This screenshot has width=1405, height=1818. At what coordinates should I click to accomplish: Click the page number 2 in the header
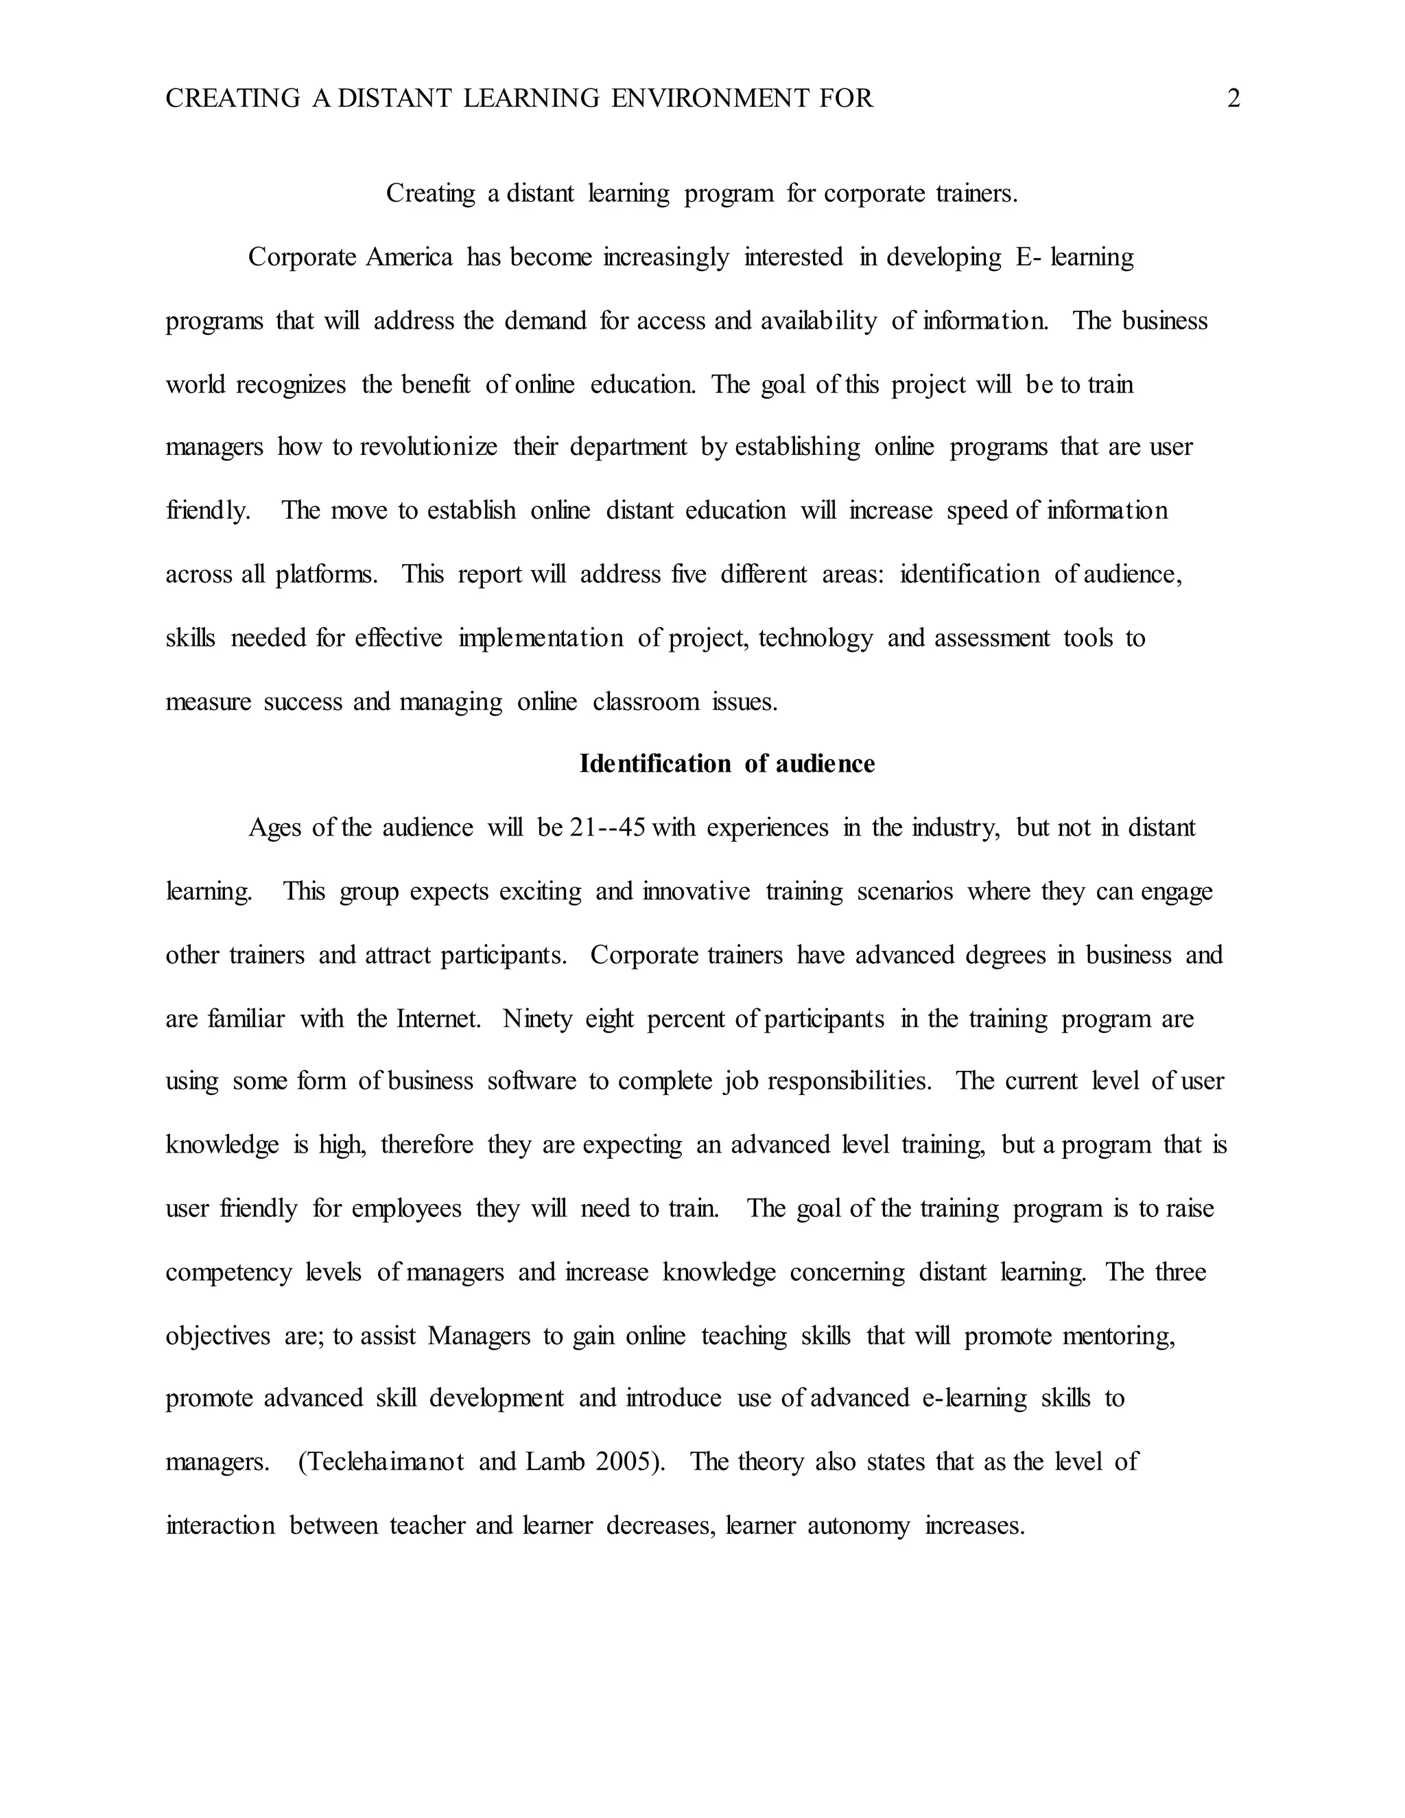pyautogui.click(x=1233, y=99)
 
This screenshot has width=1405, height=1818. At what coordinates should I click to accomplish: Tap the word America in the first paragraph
pyautogui.click(x=409, y=257)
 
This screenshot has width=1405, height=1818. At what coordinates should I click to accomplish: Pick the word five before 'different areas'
pyautogui.click(x=688, y=574)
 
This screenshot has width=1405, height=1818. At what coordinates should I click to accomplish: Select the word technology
pyautogui.click(x=815, y=639)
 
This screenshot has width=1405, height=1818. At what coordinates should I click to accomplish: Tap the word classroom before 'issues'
pyautogui.click(x=645, y=702)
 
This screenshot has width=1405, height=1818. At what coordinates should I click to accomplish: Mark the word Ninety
pyautogui.click(x=537, y=1019)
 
